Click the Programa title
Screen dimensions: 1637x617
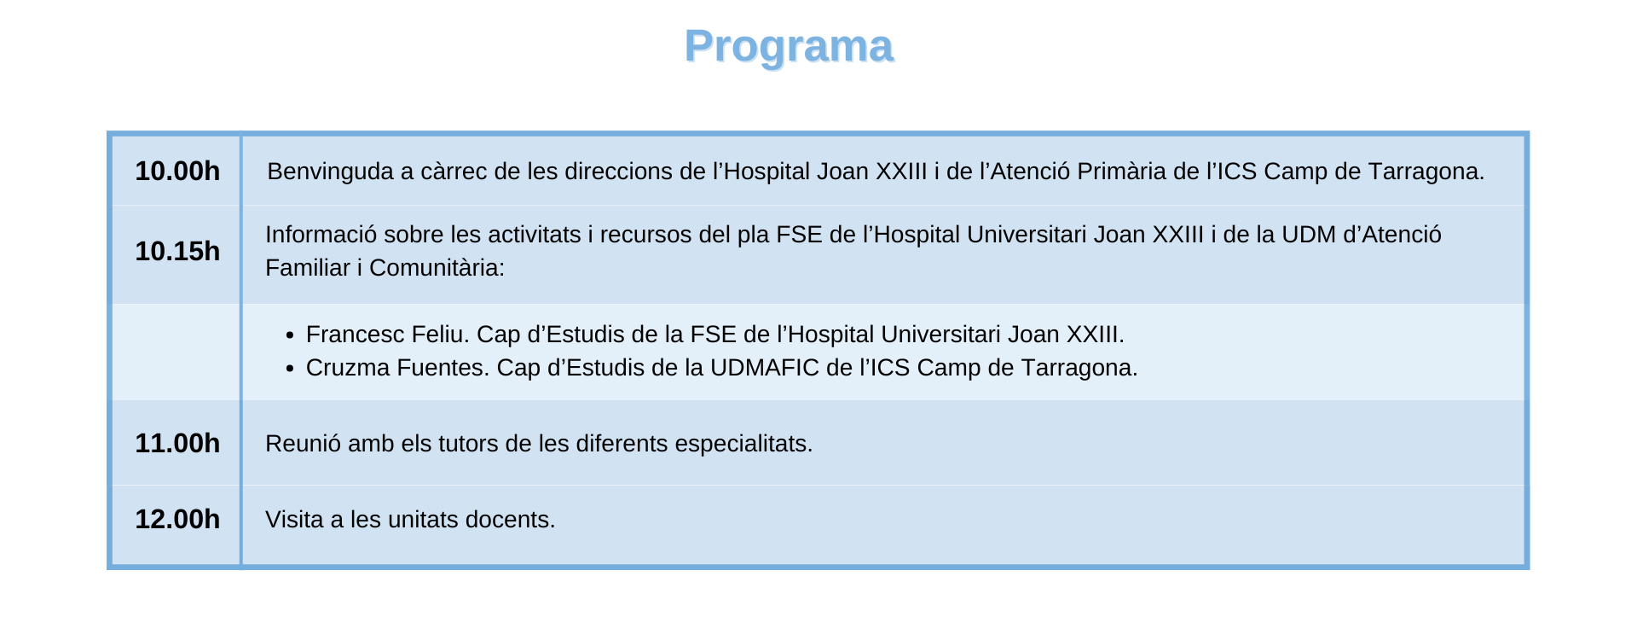click(x=789, y=47)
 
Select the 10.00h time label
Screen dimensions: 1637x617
click(x=177, y=172)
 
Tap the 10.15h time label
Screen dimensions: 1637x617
click(x=177, y=252)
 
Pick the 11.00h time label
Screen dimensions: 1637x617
click(x=177, y=444)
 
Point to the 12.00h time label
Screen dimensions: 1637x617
click(x=177, y=520)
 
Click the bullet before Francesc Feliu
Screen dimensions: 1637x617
click(x=290, y=335)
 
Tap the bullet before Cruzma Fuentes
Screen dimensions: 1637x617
click(x=290, y=369)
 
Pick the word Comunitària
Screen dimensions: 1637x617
click(x=437, y=268)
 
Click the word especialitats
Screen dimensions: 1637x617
click(x=743, y=445)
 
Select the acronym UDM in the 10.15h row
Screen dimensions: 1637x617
click(x=1309, y=235)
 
